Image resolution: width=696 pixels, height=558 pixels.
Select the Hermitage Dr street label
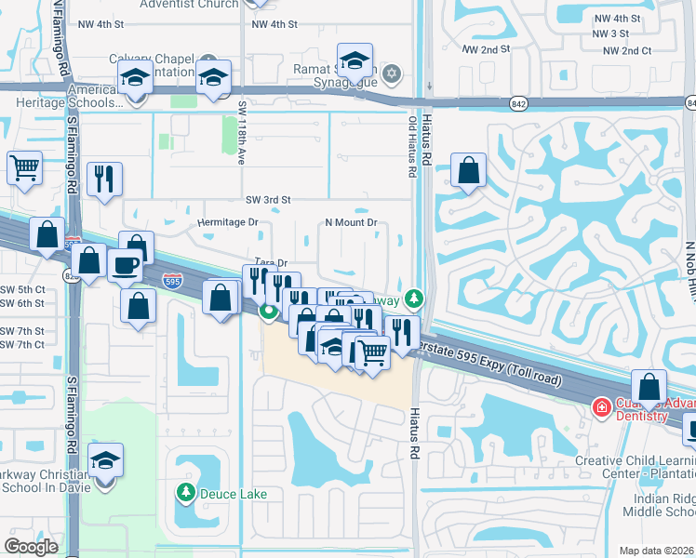(x=228, y=223)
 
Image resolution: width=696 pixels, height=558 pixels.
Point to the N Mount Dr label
(x=350, y=223)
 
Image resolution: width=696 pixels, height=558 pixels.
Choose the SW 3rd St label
(x=268, y=200)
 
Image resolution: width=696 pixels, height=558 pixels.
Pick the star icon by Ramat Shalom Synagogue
(x=392, y=73)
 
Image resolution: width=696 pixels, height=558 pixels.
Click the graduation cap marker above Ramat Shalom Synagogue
(x=355, y=61)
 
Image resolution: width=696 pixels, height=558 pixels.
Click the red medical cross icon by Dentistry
(x=602, y=407)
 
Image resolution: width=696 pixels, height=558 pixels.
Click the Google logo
(x=31, y=547)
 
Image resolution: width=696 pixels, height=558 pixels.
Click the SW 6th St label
(x=23, y=303)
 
